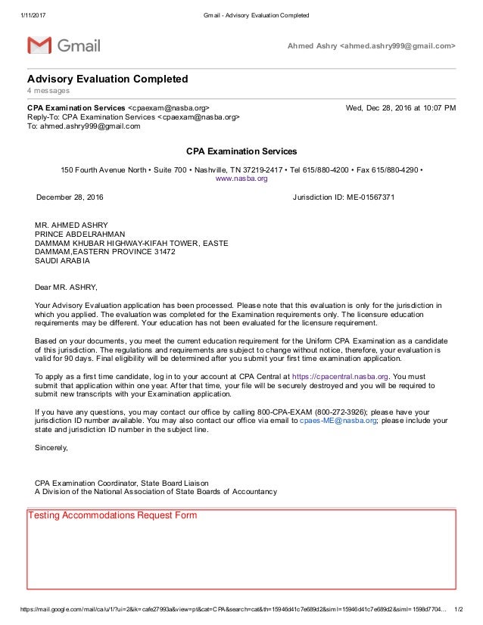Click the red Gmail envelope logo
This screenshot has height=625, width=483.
tap(39, 45)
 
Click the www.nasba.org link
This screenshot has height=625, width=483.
tap(241, 179)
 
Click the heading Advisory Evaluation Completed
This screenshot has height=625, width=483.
tap(108, 79)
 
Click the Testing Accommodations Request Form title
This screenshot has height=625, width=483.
tap(112, 516)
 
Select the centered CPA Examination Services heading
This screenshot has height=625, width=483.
tap(241, 151)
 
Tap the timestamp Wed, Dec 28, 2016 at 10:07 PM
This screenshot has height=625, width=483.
tap(400, 107)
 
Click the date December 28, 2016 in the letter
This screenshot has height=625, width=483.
tap(71, 197)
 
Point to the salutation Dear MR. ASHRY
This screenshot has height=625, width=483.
tap(67, 287)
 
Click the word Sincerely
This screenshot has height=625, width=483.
tap(51, 447)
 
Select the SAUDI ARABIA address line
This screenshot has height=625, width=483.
tap(62, 261)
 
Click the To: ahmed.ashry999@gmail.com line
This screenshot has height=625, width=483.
tap(84, 126)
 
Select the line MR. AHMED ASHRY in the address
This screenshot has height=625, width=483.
tap(71, 225)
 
